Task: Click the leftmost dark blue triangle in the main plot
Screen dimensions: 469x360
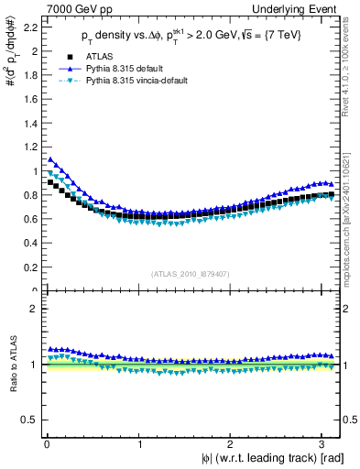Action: coord(51,159)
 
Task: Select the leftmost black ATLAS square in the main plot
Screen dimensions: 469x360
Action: coord(51,182)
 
